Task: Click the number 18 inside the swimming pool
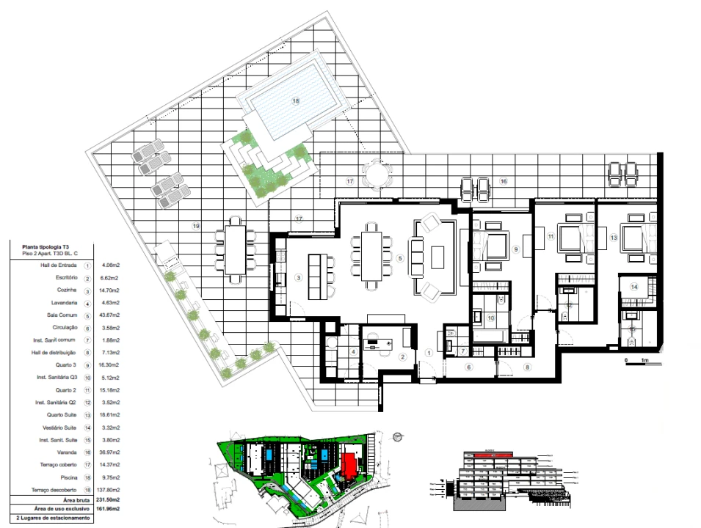[296, 101]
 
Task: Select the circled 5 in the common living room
[400, 258]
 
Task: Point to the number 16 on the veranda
[504, 180]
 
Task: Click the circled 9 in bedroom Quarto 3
[516, 250]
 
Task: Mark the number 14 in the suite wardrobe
[633, 287]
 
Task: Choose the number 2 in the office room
[402, 357]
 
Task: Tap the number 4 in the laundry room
[353, 352]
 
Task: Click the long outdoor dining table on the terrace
[236, 247]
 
